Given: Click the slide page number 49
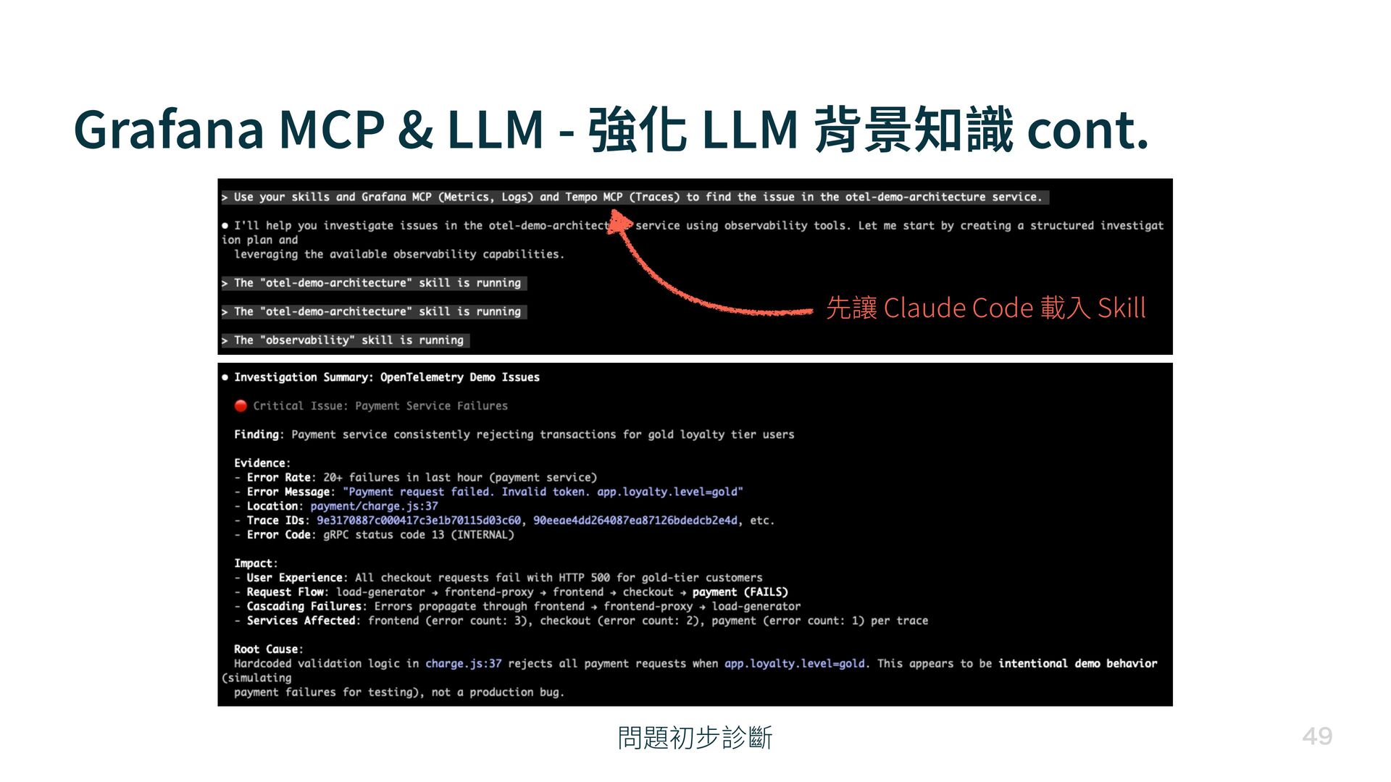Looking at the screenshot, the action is pos(1316,736).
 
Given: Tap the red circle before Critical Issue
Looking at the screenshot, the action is pos(241,405).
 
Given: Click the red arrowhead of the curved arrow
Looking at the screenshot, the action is pos(619,219).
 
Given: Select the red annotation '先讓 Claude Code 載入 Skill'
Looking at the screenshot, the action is pos(985,308).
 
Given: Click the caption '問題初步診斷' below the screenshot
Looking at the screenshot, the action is pos(695,738).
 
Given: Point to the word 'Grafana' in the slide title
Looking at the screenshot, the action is pos(169,130).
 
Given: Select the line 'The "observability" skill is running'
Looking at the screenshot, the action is pos(348,340).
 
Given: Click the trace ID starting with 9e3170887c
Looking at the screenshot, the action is pos(418,521).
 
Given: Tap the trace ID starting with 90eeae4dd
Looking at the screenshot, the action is pos(635,521).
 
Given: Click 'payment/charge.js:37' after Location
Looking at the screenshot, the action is pos(374,506).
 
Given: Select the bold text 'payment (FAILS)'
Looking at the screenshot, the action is pos(740,592).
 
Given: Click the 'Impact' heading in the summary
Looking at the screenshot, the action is pos(254,563).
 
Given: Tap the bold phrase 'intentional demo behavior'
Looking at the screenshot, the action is pos(1077,663).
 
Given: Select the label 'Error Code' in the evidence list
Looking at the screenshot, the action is pos(278,535).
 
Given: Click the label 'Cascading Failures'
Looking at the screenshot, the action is pos(304,607).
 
